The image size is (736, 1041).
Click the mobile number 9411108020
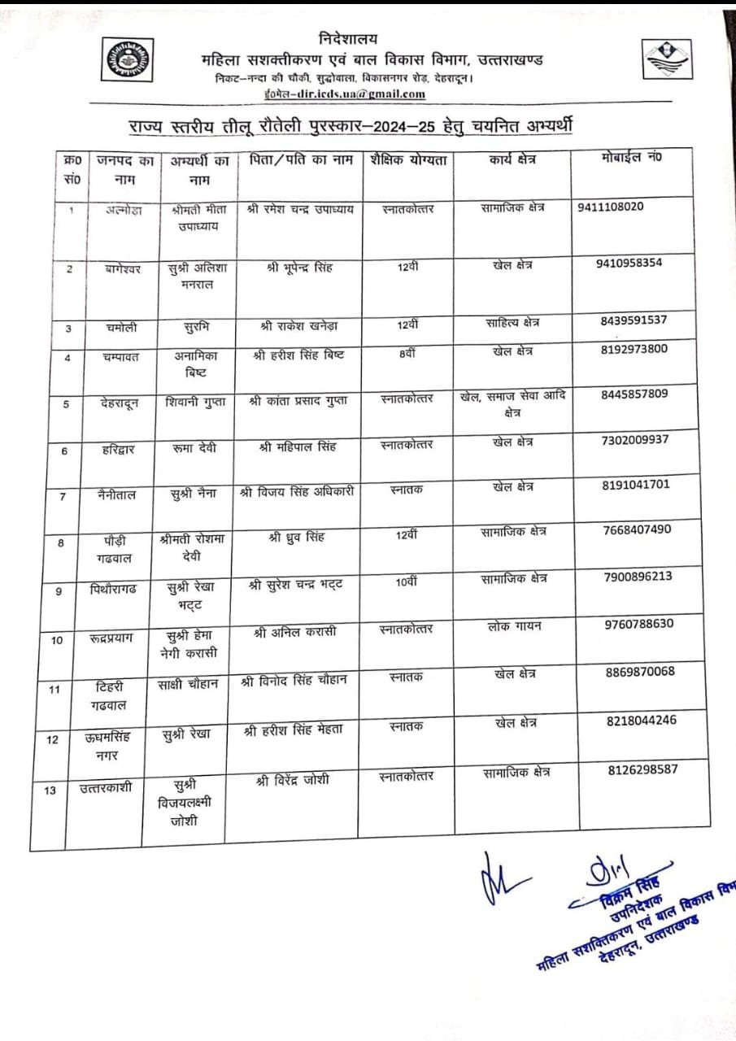coord(611,207)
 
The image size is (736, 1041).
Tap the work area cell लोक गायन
coord(514,626)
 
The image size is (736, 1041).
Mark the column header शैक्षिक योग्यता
coord(408,160)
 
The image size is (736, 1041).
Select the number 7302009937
coord(635,440)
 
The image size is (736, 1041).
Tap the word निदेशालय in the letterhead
coord(348,39)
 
